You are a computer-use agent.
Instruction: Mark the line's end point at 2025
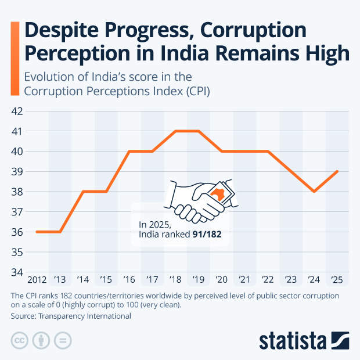pyautogui.click(x=337, y=171)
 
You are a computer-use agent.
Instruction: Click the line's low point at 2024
pyautogui.click(x=314, y=192)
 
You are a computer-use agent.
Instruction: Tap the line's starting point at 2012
pyautogui.click(x=37, y=232)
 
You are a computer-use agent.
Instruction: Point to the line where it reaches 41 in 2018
pyautogui.click(x=176, y=131)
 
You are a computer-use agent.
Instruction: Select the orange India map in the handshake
pyautogui.click(x=219, y=193)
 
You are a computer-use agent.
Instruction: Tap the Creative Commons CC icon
pyautogui.click(x=20, y=341)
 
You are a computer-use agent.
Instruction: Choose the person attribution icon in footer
pyautogui.click(x=41, y=341)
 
